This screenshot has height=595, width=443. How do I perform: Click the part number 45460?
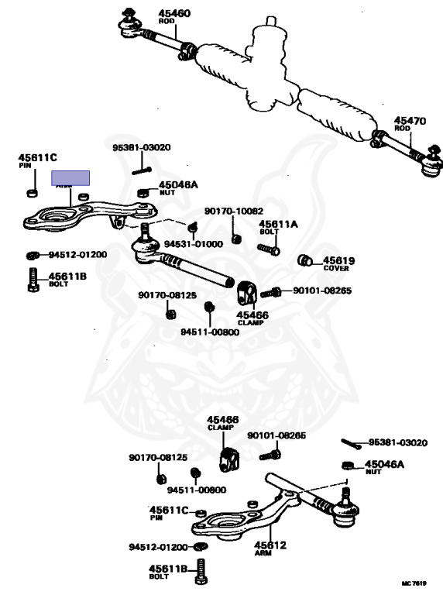174,13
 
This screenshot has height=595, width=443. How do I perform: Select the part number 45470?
410,121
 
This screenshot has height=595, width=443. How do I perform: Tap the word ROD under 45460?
167,21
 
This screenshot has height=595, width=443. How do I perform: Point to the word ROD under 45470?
403,129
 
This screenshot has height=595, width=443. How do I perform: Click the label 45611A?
278,224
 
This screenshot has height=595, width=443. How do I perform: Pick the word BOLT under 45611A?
270,232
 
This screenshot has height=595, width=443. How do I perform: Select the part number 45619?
338,260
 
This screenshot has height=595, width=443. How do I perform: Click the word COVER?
336,268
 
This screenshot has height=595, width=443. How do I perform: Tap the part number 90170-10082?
234,211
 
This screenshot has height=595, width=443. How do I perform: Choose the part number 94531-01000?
194,244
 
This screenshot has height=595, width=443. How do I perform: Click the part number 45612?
270,545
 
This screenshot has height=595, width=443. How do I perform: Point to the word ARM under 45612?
263,553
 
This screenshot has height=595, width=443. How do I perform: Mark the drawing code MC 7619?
414,583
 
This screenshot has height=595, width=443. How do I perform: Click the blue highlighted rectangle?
70,178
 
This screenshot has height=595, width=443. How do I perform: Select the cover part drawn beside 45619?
305,260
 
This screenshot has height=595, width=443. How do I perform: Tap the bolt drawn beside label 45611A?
269,249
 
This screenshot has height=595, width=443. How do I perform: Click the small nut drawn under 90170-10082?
237,239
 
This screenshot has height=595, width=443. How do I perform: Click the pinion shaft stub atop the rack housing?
271,21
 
